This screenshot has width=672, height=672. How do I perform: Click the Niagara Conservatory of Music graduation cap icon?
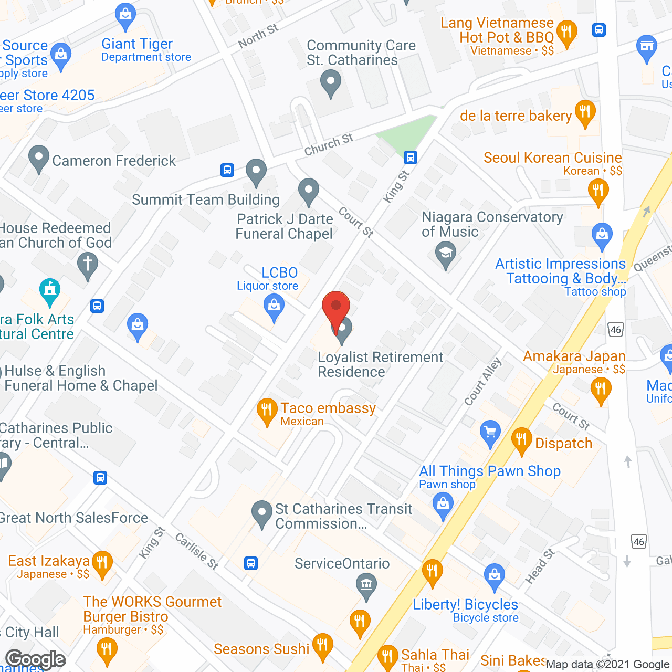point(445,255)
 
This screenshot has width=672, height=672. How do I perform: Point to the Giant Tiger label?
point(137,44)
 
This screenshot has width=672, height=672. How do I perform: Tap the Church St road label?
point(329,145)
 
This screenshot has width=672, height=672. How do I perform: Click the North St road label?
point(258,36)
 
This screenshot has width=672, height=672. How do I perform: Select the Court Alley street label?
point(483,382)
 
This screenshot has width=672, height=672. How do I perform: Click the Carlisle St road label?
point(196,551)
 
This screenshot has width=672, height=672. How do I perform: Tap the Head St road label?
point(540,566)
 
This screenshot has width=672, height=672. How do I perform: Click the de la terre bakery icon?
point(585,112)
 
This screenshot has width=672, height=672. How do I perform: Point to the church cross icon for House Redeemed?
point(87,264)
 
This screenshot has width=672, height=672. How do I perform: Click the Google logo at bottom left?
point(36,659)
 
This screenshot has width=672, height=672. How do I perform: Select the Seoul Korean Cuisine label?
point(552,157)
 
